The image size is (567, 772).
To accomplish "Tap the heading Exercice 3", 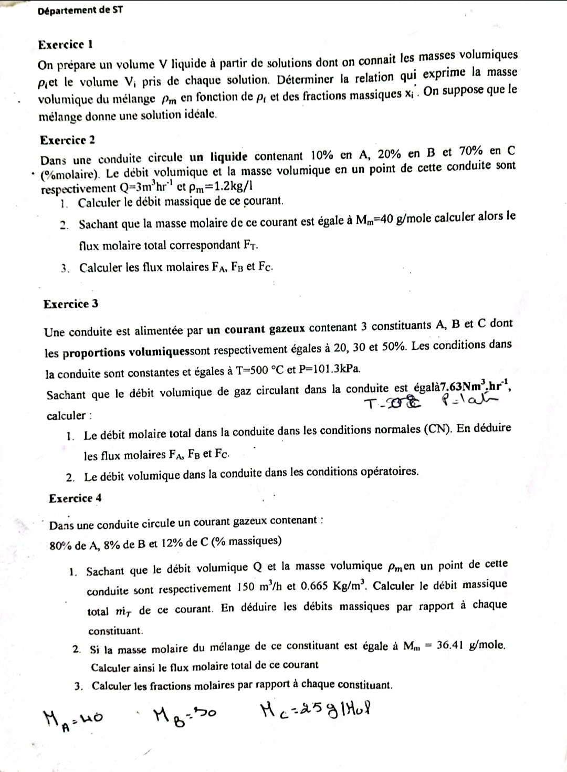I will pyautogui.click(x=71, y=304).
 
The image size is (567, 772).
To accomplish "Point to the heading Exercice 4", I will pyautogui.click(x=75, y=498).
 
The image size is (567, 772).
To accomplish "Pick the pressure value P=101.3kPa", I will pyautogui.click(x=330, y=368).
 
